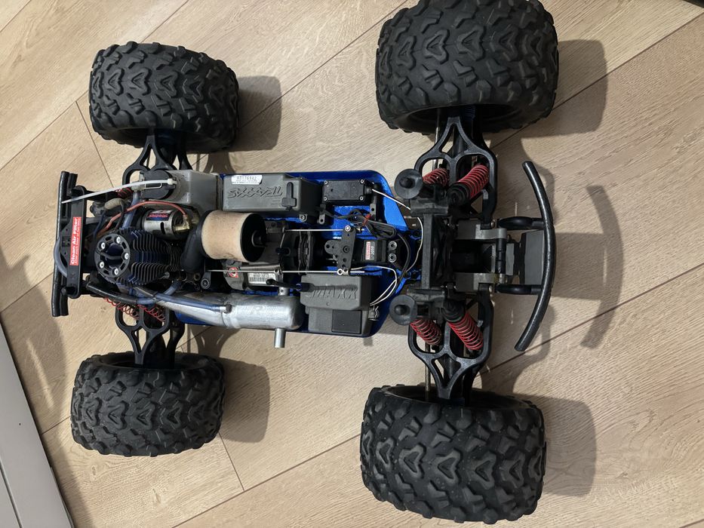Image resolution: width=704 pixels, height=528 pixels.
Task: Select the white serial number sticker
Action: (x=242, y=180)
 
